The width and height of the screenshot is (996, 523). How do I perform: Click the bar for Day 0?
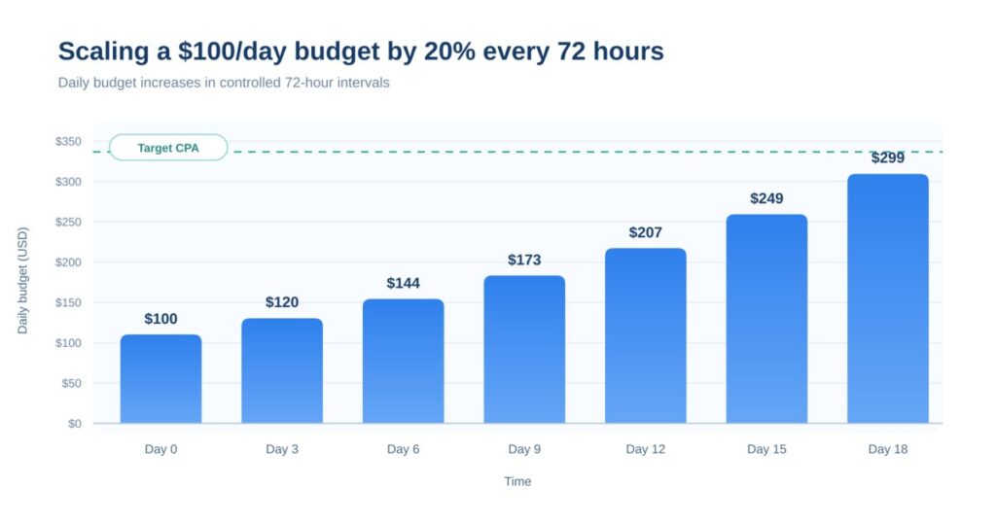point(160,379)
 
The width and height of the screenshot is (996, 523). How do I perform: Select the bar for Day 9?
point(524,349)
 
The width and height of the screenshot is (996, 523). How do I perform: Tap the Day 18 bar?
point(887,298)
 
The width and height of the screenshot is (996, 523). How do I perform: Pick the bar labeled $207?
point(646,335)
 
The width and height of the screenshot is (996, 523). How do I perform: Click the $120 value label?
point(282,302)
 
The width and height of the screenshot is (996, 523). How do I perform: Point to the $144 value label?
point(404,283)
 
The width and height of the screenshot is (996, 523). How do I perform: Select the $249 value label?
point(766,198)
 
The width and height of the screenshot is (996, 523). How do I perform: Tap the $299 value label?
point(887,158)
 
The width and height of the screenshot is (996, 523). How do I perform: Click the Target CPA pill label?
point(168,148)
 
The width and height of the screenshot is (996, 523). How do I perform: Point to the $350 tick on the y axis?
point(68,142)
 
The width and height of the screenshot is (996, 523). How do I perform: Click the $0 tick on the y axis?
point(75,423)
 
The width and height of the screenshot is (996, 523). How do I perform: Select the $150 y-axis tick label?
point(68,302)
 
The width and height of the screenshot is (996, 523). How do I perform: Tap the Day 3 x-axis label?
point(282,449)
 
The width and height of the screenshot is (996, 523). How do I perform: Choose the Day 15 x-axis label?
point(766,449)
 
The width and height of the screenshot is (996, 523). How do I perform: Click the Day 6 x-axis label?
point(404,449)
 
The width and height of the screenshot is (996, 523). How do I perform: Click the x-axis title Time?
point(517,482)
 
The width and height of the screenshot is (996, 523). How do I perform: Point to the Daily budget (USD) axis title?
point(23,281)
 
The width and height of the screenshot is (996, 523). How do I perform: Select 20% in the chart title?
point(449,52)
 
